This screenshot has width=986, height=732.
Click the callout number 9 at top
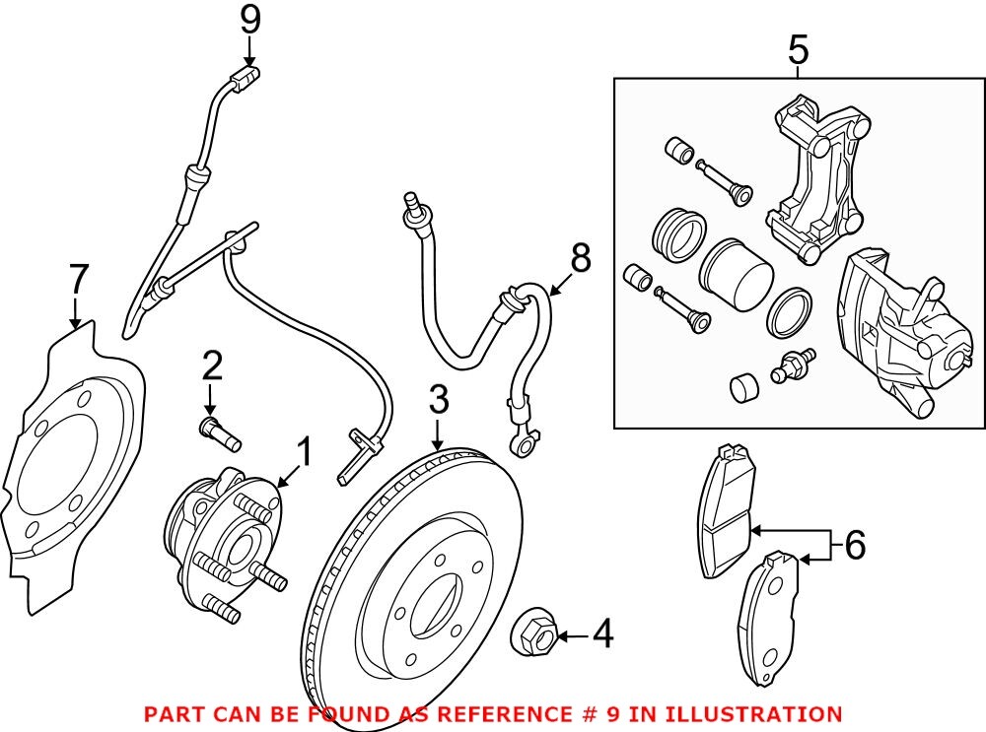[x=249, y=21]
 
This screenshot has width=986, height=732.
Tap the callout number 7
[x=78, y=279]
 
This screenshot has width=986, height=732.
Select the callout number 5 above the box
[x=798, y=50]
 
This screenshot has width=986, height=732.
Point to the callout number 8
[x=580, y=258]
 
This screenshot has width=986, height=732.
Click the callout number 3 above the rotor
[x=439, y=400]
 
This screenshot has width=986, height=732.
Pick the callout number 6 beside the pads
[x=855, y=545]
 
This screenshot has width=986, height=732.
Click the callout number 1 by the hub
[x=304, y=452]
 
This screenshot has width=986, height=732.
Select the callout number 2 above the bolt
[x=212, y=366]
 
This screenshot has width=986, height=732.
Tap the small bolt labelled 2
[x=220, y=434]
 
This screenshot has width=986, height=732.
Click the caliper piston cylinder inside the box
[x=737, y=274]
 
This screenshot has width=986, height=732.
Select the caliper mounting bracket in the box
[x=815, y=179]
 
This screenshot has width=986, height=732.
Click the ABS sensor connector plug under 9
[x=245, y=80]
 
